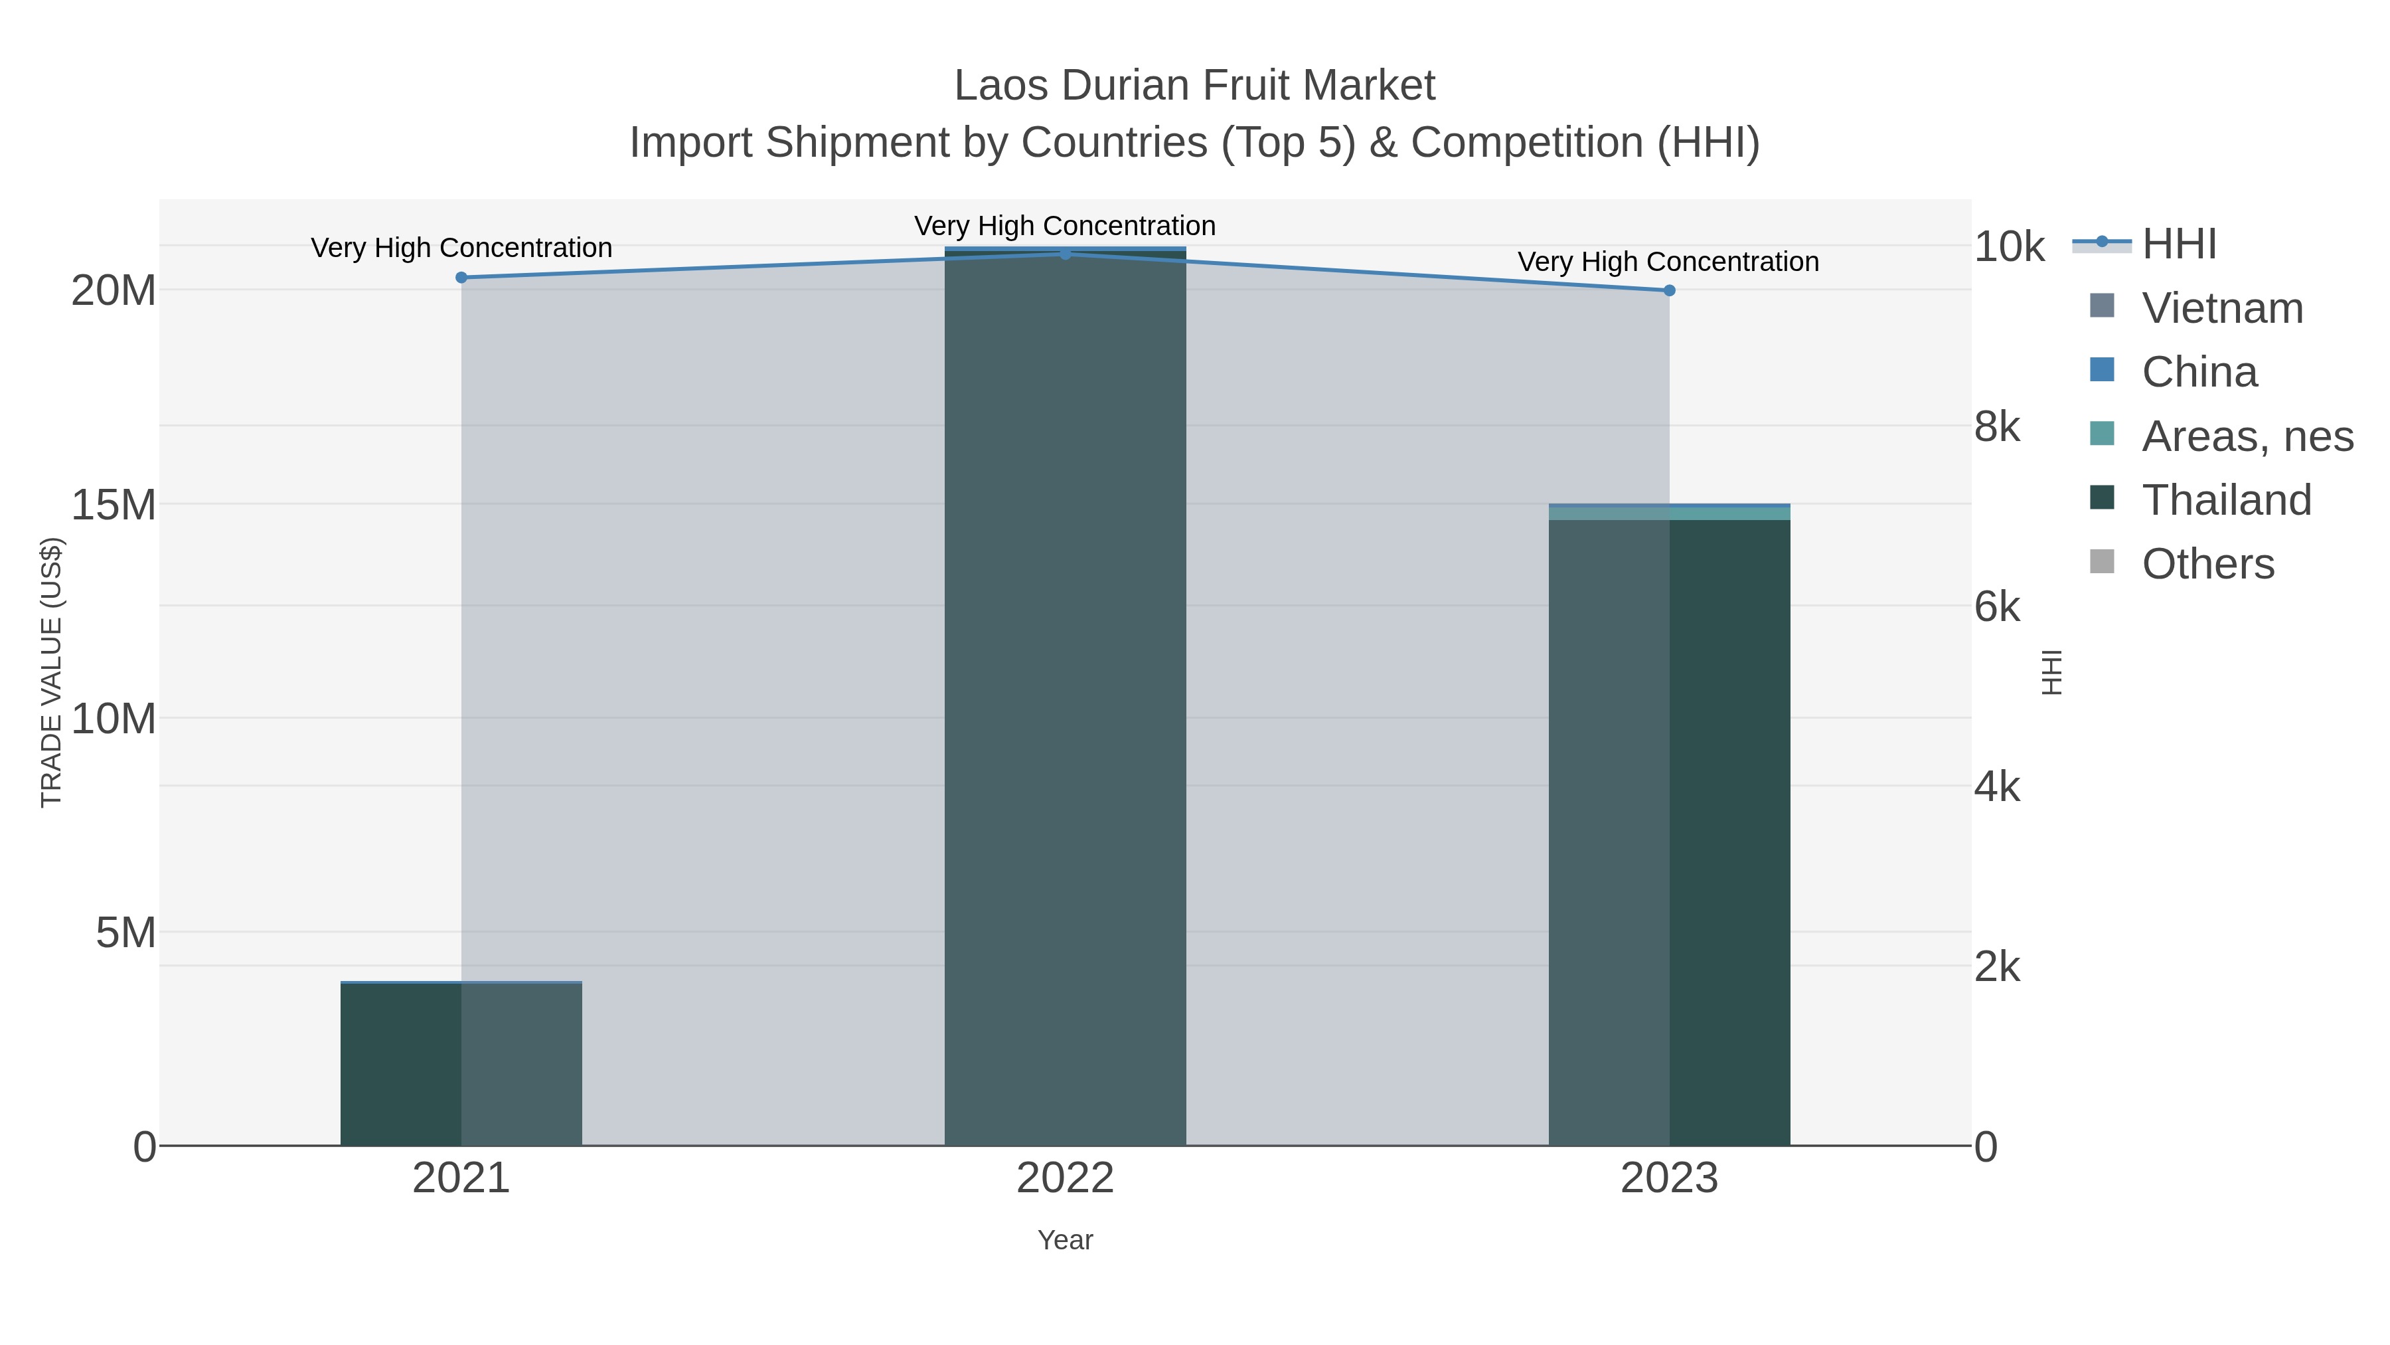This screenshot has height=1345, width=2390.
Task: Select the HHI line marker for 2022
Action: click(1065, 254)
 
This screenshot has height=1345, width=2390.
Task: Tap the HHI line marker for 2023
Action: click(1669, 290)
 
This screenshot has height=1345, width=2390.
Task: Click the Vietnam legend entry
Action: click(2222, 308)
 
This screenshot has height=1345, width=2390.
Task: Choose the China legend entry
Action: click(2199, 372)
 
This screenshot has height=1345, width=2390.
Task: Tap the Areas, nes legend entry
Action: click(2246, 436)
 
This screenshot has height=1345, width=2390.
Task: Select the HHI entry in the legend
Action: click(2178, 244)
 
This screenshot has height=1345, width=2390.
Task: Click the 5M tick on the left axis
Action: click(126, 933)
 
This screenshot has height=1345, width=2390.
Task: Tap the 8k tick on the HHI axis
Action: click(1996, 427)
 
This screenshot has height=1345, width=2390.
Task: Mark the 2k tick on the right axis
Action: click(1996, 967)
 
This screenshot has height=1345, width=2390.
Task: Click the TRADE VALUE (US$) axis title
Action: click(51, 672)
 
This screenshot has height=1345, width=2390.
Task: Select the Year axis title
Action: click(1065, 1240)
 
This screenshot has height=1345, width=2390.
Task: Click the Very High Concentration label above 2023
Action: click(1668, 262)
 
